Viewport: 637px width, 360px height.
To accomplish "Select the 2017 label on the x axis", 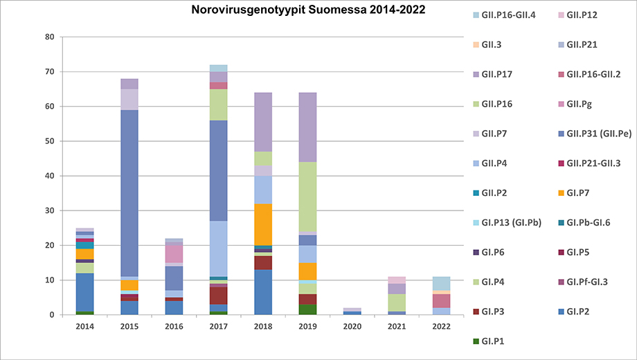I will click(218, 325).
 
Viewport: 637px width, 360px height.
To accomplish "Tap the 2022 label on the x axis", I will click(441, 325).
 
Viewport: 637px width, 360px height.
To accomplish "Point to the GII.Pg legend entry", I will click(580, 104).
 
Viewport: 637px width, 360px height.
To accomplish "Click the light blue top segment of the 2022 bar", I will click(441, 283).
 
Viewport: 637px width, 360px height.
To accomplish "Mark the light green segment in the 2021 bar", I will click(397, 303).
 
